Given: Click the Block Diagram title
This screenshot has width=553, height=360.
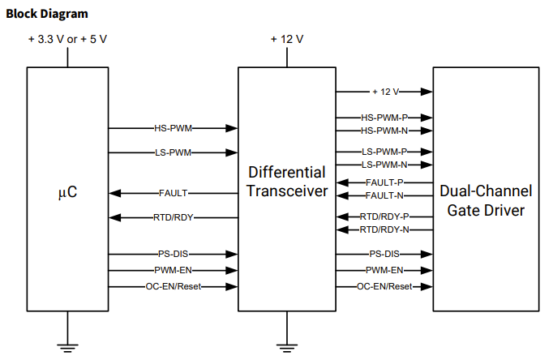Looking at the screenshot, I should click(47, 14).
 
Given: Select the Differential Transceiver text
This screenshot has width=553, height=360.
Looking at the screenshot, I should click(287, 182).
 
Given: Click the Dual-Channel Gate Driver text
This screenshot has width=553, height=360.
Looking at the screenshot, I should click(486, 200).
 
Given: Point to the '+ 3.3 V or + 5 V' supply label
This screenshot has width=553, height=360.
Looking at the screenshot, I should click(68, 39).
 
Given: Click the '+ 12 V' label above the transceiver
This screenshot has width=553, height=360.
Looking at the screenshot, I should click(287, 39).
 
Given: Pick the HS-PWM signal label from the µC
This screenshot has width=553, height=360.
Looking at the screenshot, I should click(174, 128).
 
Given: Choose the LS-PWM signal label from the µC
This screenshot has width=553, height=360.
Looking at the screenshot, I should click(174, 152).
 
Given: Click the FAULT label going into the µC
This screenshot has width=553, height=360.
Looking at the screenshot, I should click(174, 193).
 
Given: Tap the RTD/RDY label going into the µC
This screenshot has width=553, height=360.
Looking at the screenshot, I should click(174, 217).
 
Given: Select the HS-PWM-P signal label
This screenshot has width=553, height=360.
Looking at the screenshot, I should click(384, 118).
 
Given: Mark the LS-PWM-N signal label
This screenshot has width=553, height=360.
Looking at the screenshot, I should click(384, 165).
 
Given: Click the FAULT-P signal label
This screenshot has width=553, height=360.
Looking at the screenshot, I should click(384, 182).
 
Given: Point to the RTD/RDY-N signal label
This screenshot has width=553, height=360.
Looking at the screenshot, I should click(384, 230).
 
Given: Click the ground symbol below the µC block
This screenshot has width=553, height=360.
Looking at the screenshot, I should click(68, 347).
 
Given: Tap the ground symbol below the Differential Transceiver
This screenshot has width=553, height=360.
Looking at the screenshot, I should click(287, 347).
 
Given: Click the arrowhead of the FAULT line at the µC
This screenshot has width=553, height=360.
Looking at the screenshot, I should click(114, 193).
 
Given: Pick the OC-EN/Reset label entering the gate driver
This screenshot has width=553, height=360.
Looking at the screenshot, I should click(384, 286).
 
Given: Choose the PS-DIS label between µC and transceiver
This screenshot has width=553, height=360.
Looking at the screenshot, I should click(174, 254).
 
